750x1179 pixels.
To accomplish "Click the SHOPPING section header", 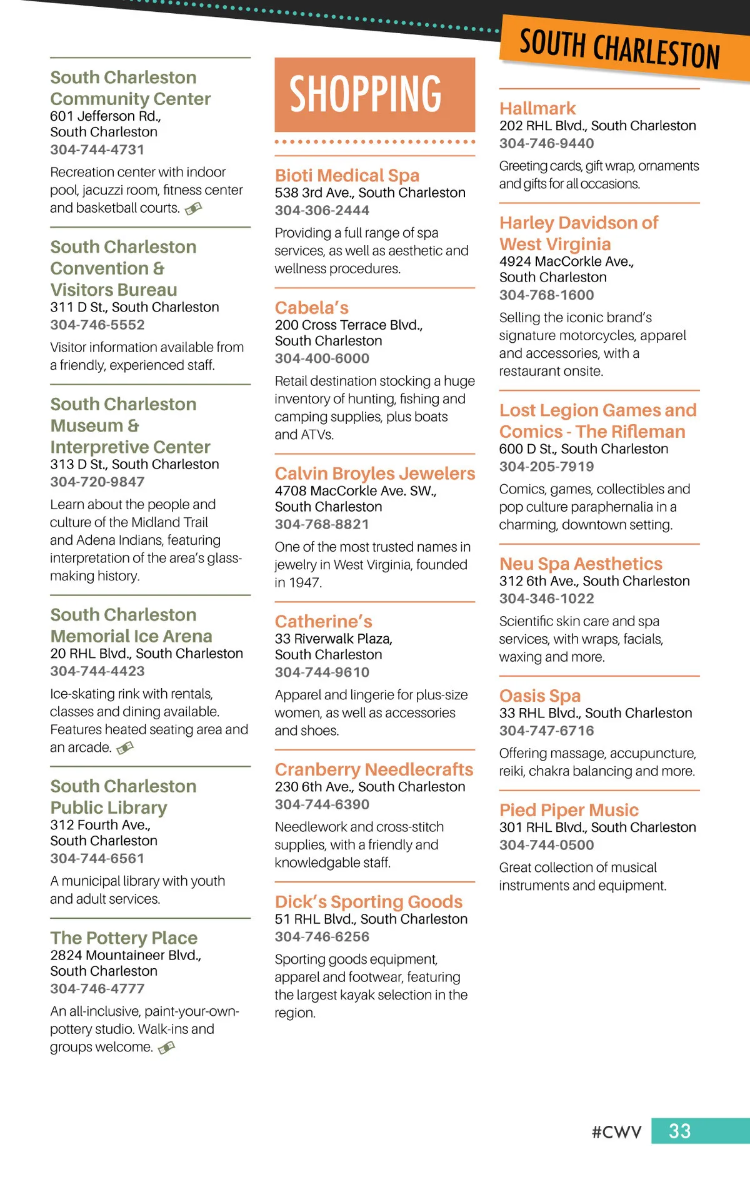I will (x=366, y=94).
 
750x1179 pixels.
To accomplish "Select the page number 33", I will (x=680, y=1131).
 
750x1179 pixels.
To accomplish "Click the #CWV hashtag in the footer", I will (x=616, y=1131).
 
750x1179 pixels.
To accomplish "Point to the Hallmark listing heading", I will (x=537, y=108).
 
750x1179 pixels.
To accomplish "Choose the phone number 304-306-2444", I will (x=322, y=210).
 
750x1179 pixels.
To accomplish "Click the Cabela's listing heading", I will (x=311, y=308).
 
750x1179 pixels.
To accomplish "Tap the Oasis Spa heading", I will (x=540, y=696).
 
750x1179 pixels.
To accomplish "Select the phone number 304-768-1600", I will (x=546, y=295).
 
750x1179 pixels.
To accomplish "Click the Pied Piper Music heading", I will (x=569, y=810).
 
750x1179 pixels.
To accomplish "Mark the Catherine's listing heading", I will (x=323, y=621).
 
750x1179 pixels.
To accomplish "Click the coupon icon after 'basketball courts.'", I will (x=193, y=208).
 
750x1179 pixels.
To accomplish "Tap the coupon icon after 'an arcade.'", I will (x=125, y=747).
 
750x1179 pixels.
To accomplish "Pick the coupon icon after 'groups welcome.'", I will (x=166, y=1047).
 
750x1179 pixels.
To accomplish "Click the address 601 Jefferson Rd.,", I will (x=105, y=116).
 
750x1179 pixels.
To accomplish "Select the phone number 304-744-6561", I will (x=97, y=858).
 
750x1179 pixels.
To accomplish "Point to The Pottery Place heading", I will (x=124, y=938).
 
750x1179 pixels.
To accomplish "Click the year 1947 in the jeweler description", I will (x=306, y=582).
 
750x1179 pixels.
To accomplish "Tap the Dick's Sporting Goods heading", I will (x=369, y=901).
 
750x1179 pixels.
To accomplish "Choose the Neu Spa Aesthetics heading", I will (x=581, y=564).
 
